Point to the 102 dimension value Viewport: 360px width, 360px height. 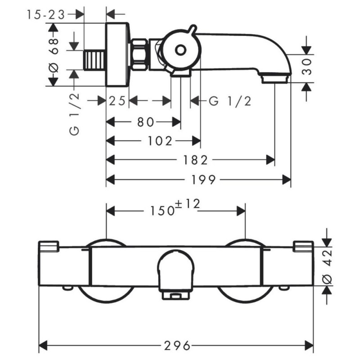click(160, 141)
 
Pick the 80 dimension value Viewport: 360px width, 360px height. click(144, 121)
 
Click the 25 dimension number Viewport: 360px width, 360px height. click(117, 101)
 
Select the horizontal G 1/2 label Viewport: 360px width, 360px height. click(229, 101)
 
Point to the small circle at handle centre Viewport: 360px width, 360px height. click(180, 50)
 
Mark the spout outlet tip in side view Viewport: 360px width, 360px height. click(275, 78)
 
